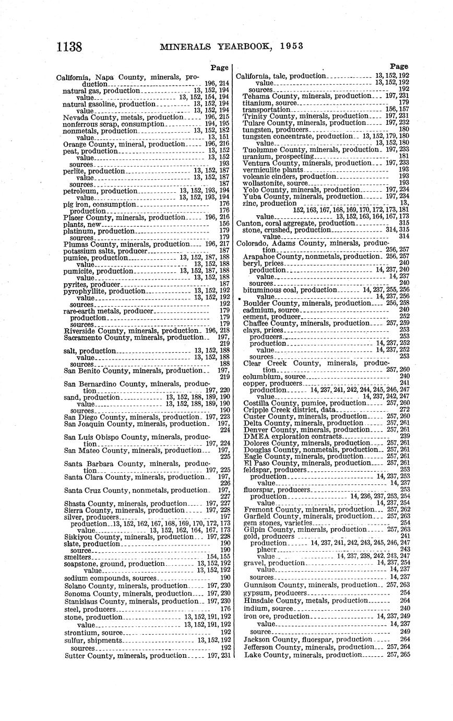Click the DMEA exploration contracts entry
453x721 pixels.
pyautogui.click(x=292, y=436)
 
